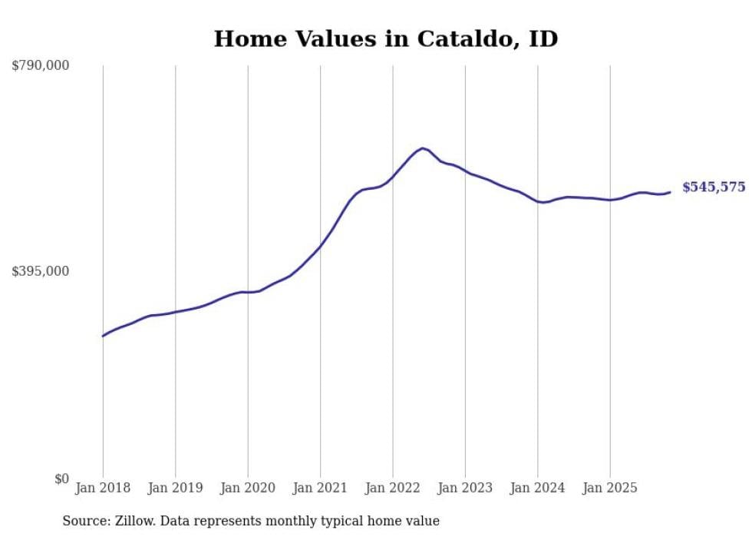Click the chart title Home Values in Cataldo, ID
(385, 38)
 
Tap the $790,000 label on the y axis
(41, 66)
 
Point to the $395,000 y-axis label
(41, 271)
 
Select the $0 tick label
(61, 479)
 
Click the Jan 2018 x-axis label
(103, 488)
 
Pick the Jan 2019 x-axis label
(175, 488)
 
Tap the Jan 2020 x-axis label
(248, 488)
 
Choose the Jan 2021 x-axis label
(320, 488)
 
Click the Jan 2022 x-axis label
(393, 488)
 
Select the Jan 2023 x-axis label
(465, 488)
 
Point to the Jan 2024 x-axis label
(538, 488)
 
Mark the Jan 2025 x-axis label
(610, 488)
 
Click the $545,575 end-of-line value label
(713, 187)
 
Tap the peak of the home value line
(422, 148)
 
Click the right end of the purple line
(670, 192)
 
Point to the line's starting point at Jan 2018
(103, 336)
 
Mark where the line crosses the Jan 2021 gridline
(320, 246)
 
